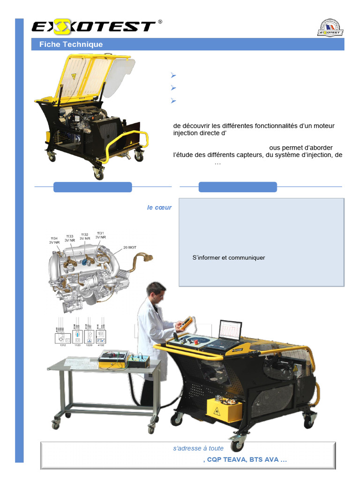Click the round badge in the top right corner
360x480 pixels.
tap(330, 28)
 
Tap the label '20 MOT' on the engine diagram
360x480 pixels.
tap(129, 247)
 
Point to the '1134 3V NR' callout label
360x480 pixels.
tap(54, 240)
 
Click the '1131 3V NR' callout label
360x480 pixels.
tap(100, 235)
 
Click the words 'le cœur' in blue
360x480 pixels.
tap(159, 208)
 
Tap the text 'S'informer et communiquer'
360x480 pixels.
tap(228, 258)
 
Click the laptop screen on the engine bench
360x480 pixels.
tap(230, 331)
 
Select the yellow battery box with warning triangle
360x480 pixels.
tap(223, 410)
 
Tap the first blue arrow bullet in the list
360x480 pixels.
tap(173, 75)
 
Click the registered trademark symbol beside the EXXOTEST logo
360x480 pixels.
tap(160, 22)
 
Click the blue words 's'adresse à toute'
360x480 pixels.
tap(198, 449)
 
